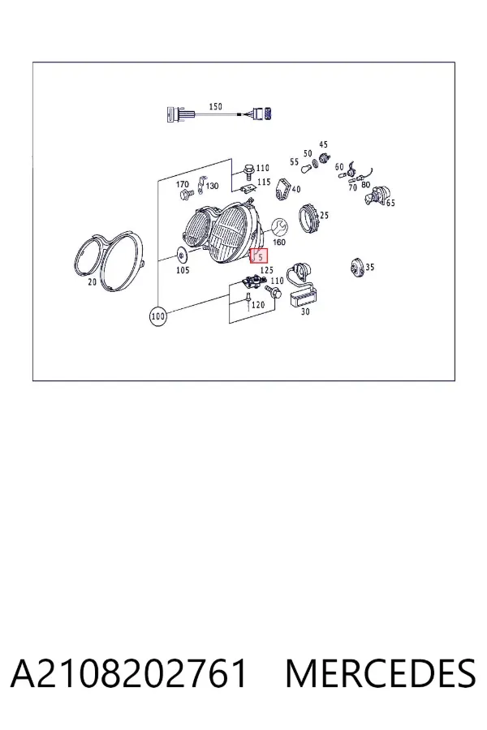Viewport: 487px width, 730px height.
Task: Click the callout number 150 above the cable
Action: tap(215, 106)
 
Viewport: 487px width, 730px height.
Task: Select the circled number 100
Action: tap(158, 316)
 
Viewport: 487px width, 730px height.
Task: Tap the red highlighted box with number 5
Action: tap(259, 255)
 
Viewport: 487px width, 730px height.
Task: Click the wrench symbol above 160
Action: tap(279, 227)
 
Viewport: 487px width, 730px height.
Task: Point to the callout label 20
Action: tap(92, 281)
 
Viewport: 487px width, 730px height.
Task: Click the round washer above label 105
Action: tap(181, 255)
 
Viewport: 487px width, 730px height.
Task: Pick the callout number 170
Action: tap(182, 184)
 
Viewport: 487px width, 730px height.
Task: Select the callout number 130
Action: tap(212, 187)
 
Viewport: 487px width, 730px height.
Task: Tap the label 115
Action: tap(264, 182)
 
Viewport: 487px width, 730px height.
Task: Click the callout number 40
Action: tap(296, 189)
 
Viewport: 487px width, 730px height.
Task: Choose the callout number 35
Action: tap(369, 267)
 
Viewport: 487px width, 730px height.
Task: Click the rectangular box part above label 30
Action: tap(304, 298)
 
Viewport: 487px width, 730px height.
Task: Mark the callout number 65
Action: tap(390, 203)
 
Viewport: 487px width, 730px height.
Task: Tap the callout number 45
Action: tap(323, 145)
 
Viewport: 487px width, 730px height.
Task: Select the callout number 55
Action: tap(294, 162)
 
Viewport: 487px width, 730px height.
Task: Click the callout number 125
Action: tap(266, 270)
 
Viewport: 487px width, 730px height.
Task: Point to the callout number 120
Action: tap(258, 305)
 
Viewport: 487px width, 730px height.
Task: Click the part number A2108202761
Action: tap(128, 673)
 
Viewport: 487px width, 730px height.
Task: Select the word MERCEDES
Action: tap(381, 673)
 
